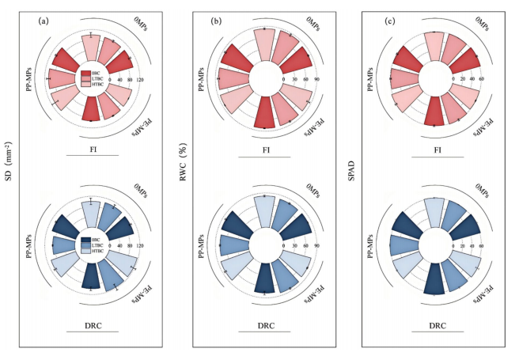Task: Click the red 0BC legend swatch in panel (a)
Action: click(x=85, y=74)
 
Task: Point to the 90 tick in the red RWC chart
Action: click(x=316, y=80)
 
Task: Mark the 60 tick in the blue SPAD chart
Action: click(x=481, y=247)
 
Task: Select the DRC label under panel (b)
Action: click(x=265, y=325)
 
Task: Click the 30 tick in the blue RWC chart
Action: click(x=294, y=247)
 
